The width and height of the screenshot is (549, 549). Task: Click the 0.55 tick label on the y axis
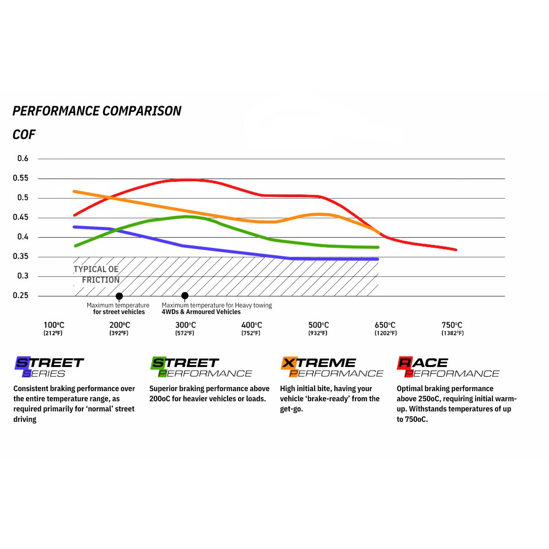(21, 178)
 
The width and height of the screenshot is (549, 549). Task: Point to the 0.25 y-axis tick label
(21, 296)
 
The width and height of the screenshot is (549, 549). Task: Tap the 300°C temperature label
(185, 325)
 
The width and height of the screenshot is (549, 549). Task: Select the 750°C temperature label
(452, 325)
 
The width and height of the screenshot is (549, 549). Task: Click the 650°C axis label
(385, 325)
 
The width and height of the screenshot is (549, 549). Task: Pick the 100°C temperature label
(54, 325)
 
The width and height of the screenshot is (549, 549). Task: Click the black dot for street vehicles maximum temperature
(119, 296)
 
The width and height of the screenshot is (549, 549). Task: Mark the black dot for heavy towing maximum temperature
(185, 296)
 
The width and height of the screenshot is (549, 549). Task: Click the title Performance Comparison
(97, 111)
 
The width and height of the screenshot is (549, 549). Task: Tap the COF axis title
(24, 135)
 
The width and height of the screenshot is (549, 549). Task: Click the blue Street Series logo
(49, 367)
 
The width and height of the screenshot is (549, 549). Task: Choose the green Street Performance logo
(201, 367)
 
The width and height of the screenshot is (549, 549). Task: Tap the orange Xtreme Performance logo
(332, 367)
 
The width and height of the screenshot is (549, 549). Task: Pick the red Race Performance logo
(447, 367)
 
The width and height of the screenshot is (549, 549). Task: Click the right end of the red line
(456, 249)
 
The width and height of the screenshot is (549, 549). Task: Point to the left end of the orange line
(75, 191)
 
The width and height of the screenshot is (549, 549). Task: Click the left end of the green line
(75, 246)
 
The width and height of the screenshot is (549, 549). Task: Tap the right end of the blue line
(378, 259)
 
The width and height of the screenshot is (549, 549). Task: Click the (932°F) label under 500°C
(318, 334)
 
